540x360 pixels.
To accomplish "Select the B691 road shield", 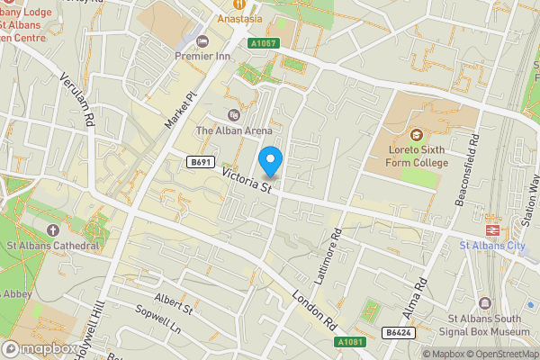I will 200,162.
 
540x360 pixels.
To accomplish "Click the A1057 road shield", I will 263,42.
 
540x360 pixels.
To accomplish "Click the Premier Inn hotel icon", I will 202,40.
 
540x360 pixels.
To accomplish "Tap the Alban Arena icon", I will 234,114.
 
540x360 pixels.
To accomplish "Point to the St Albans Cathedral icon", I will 50,230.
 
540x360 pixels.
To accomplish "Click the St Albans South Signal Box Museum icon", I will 486,303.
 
